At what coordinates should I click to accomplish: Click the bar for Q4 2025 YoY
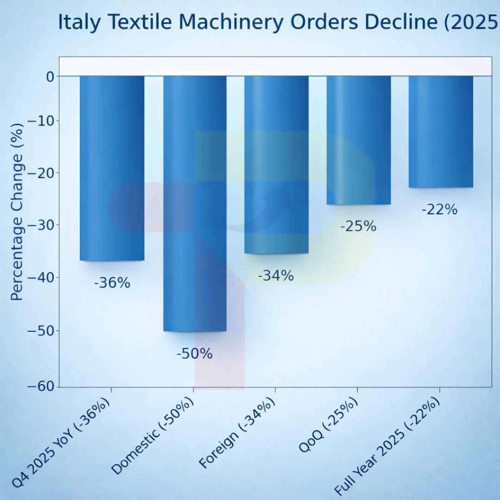tap(112, 168)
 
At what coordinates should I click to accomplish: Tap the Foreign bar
tap(276, 164)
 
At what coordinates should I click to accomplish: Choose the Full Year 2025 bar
tap(441, 131)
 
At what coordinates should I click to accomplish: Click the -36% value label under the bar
tap(112, 283)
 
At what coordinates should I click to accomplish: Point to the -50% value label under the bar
tap(194, 354)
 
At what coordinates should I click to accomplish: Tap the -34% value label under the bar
tap(276, 276)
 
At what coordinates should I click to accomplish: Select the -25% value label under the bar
tap(358, 226)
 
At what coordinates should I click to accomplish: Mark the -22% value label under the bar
tap(439, 210)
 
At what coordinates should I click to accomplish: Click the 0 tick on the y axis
tap(50, 76)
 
